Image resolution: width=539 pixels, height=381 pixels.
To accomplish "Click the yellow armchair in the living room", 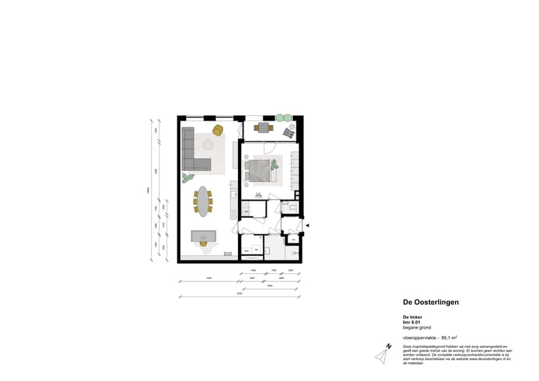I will tap(218, 131).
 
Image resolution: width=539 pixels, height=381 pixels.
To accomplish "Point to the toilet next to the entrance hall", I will tap(293, 207).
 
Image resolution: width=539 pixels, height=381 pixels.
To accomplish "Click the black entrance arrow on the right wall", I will tap(307, 223).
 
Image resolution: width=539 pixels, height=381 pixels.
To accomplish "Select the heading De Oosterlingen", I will tap(431, 302).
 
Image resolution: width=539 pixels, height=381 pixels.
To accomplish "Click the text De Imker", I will tap(412, 317).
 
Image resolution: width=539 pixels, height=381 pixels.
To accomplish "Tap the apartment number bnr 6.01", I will tap(414, 323).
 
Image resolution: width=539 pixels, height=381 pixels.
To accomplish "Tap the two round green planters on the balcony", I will tap(284, 118).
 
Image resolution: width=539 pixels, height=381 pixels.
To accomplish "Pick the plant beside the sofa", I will tap(187, 177).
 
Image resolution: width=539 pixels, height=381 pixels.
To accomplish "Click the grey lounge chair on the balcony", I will tap(288, 133).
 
